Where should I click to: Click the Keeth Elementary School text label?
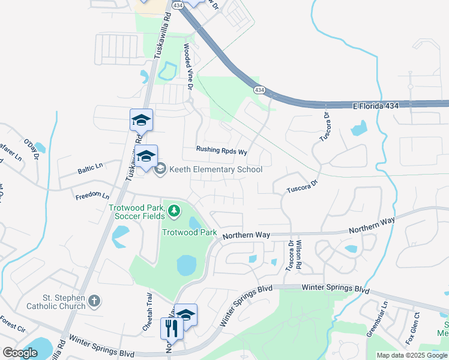click(x=215, y=170)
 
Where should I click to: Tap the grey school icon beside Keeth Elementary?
click(x=160, y=170)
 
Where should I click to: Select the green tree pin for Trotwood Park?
click(x=174, y=210)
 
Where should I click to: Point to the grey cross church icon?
click(x=94, y=300)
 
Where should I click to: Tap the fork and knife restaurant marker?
click(x=171, y=328)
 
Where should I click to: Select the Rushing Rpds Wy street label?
click(x=221, y=152)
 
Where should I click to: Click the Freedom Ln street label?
click(x=92, y=196)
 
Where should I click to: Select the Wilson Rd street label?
click(x=298, y=254)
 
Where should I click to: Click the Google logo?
click(x=20, y=353)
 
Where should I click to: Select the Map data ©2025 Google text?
click(x=412, y=355)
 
